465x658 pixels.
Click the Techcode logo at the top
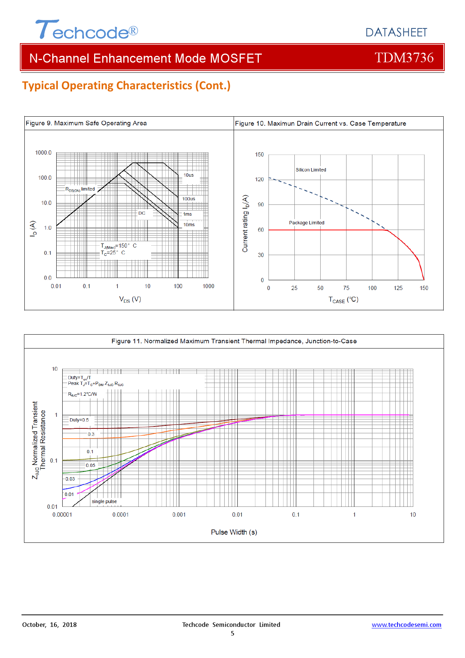(87, 30)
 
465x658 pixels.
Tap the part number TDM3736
(404, 58)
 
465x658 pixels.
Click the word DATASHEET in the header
(396, 33)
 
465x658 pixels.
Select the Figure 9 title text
(86, 123)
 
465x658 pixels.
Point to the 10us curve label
(188, 175)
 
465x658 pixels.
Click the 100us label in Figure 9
(189, 199)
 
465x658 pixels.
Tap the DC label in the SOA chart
(142, 213)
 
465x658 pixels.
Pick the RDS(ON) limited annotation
(80, 189)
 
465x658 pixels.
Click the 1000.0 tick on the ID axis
(43, 153)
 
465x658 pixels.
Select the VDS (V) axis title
(130, 299)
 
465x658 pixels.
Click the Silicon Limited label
(311, 170)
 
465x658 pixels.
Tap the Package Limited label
(306, 223)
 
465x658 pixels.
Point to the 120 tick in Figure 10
(259, 179)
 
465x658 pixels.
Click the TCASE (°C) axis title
(343, 300)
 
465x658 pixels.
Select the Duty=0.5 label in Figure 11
(79, 420)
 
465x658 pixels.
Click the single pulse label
(104, 502)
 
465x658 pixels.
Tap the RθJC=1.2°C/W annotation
(82, 394)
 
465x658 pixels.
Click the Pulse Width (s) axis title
(234, 532)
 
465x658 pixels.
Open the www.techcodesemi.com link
(406, 625)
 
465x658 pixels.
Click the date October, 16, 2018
(49, 625)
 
